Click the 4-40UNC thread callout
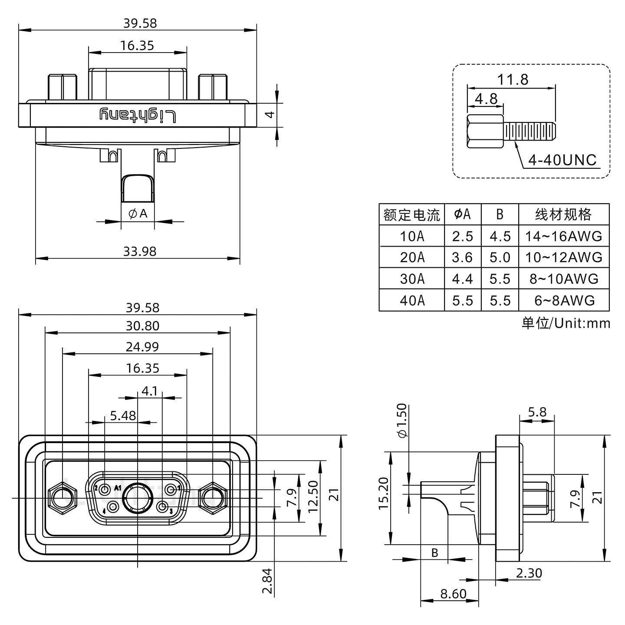(x=562, y=161)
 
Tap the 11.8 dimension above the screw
(x=513, y=79)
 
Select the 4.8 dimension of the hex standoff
(x=486, y=99)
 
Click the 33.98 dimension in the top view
(x=139, y=251)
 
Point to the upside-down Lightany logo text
(x=138, y=115)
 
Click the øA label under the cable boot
(x=138, y=213)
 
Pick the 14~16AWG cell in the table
(x=563, y=236)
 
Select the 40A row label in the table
(x=412, y=300)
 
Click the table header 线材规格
(x=563, y=214)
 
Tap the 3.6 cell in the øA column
(x=462, y=257)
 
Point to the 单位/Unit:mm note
(x=566, y=323)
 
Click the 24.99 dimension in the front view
(x=142, y=346)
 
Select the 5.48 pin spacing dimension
(x=123, y=416)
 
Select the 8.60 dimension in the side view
(x=453, y=593)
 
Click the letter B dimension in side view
(x=434, y=553)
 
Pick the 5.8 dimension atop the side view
(x=537, y=411)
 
